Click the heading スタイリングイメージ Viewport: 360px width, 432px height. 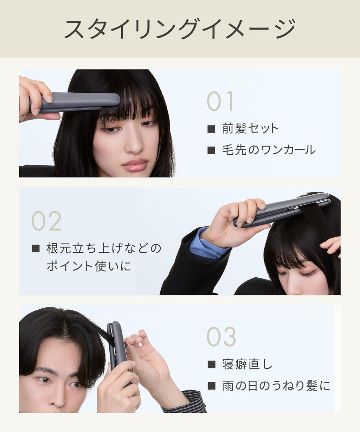(180, 29)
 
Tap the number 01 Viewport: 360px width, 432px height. (220, 102)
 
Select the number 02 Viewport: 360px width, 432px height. (46, 221)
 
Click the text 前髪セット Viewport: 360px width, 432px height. (250, 128)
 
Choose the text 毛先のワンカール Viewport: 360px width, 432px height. (269, 150)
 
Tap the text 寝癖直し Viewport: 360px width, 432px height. (247, 365)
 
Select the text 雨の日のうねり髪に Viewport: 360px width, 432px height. (276, 386)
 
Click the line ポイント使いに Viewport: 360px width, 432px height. (89, 266)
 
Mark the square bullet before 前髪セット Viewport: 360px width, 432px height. (211, 129)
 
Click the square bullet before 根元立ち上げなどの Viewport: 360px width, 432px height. (36, 248)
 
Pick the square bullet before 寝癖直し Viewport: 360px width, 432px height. (211, 365)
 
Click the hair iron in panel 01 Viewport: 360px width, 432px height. (75, 102)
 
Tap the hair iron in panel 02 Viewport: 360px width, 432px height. (282, 210)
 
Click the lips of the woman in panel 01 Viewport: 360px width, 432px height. (135, 165)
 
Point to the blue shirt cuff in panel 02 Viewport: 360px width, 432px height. (209, 244)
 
